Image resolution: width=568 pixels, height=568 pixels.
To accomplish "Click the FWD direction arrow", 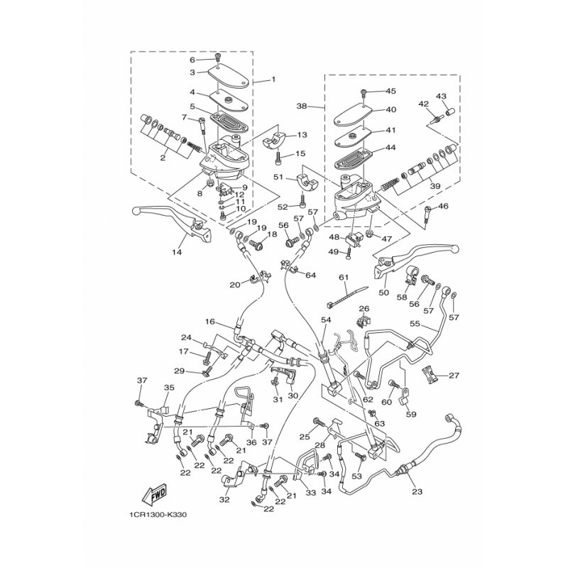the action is tap(154, 494).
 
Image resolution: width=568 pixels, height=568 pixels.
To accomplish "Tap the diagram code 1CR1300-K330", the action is tap(157, 515).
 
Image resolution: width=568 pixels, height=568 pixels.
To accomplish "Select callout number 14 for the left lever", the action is tap(177, 252).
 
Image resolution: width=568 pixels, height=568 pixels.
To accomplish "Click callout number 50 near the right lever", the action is tap(384, 292).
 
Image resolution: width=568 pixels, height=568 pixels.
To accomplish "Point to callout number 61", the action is tap(344, 278).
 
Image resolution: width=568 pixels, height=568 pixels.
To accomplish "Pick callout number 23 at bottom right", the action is tap(417, 491).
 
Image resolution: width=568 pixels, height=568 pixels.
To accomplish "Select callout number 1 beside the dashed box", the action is tap(273, 79).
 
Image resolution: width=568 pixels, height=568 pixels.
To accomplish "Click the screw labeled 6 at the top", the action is tap(218, 57).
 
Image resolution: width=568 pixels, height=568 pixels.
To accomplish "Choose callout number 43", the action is tap(441, 97).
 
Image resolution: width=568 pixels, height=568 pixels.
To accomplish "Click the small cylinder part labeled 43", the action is tap(450, 111).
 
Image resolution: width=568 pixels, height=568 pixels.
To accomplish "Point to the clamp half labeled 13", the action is tap(274, 141).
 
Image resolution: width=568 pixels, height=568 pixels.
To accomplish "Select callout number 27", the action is tap(454, 376).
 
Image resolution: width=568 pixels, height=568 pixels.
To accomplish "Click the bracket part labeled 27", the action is tap(430, 375).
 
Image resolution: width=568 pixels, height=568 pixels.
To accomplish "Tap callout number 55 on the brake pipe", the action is tap(415, 324).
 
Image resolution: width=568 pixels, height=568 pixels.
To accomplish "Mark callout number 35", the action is tap(169, 387).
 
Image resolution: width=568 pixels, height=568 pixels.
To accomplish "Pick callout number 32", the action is tap(224, 500).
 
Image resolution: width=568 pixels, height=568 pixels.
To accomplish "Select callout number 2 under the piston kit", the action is tap(163, 158).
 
